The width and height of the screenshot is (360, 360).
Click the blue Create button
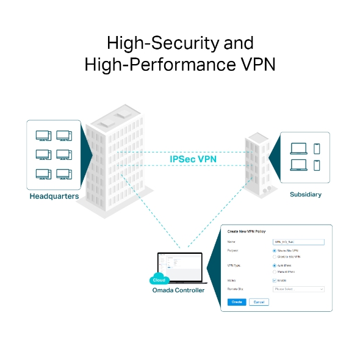coord(236,302)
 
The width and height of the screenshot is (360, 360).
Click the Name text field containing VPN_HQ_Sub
coord(298,242)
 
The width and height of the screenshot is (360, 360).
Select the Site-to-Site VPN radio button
coord(275,251)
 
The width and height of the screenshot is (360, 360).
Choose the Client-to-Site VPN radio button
coord(275,257)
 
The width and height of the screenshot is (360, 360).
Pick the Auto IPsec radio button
coord(275,265)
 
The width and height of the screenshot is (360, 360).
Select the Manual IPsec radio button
coord(275,272)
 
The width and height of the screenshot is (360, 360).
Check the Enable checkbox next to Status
coord(275,280)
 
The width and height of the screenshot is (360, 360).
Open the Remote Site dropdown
coord(298,289)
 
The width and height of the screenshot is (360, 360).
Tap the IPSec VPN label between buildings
coord(193,159)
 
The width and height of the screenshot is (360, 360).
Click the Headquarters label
coord(54,197)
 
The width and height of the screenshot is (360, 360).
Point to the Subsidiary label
coord(305,195)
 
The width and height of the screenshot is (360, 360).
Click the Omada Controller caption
coord(178,290)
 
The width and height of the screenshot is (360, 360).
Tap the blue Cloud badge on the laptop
coord(159,280)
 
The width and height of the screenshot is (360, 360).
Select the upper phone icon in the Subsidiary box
coord(316,148)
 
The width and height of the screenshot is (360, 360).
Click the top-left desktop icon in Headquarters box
coord(43,135)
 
